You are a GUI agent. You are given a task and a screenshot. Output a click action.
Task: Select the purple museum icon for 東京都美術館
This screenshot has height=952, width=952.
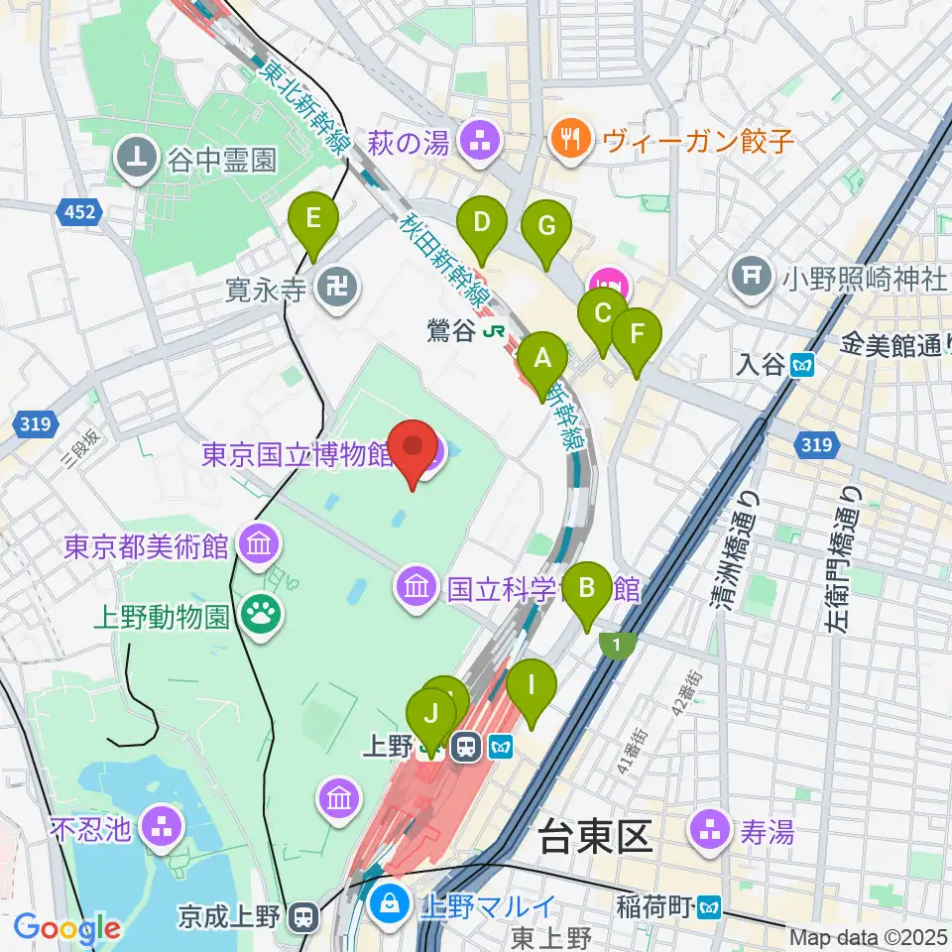[261, 544]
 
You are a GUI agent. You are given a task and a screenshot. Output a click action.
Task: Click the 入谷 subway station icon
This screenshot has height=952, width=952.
[802, 365]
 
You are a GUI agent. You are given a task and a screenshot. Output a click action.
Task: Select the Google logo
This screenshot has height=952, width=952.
[66, 928]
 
